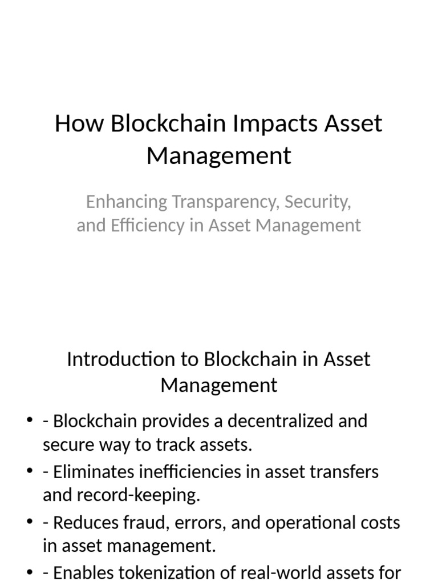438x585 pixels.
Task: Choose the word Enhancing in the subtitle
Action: [x=127, y=202]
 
